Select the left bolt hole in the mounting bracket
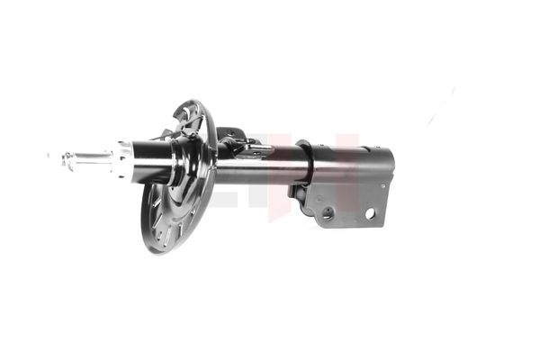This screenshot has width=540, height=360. coord(328,214)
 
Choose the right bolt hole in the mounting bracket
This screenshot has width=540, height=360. coord(370,213)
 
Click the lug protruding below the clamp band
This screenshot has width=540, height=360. coord(296,191)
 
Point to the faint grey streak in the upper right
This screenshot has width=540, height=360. coord(441,106)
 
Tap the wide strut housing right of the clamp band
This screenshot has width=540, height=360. coord(351,165)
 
